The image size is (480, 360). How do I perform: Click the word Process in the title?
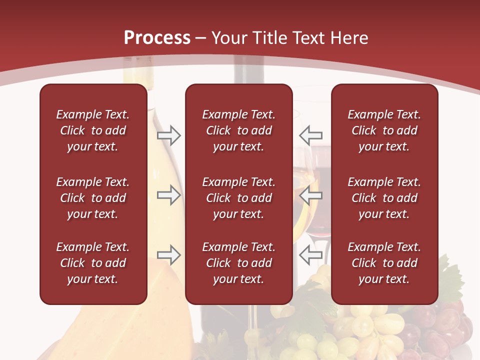click(157, 38)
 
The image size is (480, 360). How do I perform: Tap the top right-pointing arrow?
click(168, 135)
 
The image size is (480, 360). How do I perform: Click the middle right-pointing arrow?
click(168, 195)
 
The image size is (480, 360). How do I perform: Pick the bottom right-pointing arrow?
click(168, 255)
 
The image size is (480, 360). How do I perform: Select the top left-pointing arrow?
click(310, 135)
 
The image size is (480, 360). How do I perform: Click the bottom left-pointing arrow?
click(310, 255)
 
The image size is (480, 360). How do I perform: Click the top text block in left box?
click(93, 130)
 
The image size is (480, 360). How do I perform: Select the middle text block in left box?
click(93, 198)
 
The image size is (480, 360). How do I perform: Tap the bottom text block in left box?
click(93, 263)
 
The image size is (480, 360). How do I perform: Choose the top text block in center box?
click(238, 130)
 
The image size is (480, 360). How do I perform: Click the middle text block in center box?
click(238, 198)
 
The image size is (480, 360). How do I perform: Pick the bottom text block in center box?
click(238, 263)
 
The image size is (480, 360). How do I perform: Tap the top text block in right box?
click(384, 130)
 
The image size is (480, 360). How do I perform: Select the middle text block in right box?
click(384, 198)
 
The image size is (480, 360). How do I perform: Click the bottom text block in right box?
click(384, 263)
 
